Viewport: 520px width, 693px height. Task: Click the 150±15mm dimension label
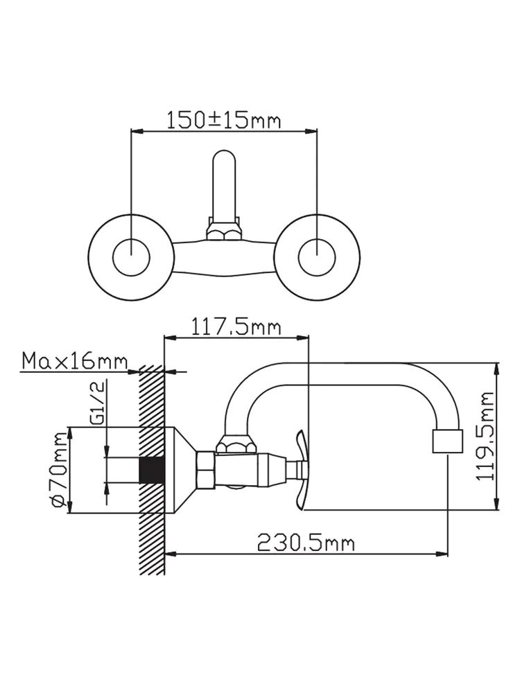coord(224,120)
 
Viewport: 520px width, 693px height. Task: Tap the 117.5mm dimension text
coord(236,328)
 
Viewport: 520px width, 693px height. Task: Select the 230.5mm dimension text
coord(306,543)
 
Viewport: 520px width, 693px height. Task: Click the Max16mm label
coord(74,361)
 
